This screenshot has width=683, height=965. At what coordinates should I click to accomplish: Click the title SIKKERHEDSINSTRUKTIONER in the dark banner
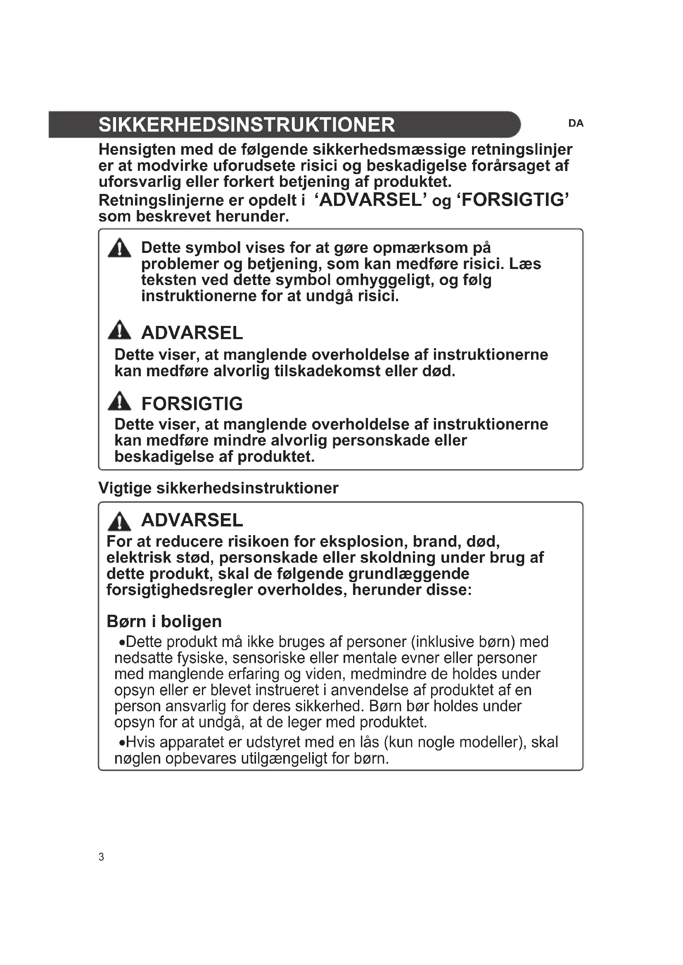(x=247, y=125)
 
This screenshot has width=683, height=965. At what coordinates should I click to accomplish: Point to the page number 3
(x=101, y=856)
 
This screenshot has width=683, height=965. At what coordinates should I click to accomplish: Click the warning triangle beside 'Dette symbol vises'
(x=119, y=248)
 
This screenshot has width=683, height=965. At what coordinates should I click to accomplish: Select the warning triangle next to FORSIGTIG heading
(x=119, y=402)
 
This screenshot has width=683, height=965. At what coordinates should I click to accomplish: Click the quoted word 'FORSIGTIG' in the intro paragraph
(x=513, y=200)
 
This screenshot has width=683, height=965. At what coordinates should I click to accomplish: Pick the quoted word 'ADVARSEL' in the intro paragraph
(x=370, y=200)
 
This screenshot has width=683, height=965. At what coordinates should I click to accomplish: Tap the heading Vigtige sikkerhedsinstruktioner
(x=218, y=488)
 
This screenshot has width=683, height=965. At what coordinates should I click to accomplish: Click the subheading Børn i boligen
(x=164, y=621)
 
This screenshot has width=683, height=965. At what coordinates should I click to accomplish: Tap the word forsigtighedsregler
(x=179, y=590)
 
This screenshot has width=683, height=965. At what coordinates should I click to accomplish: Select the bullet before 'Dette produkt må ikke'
(x=121, y=642)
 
